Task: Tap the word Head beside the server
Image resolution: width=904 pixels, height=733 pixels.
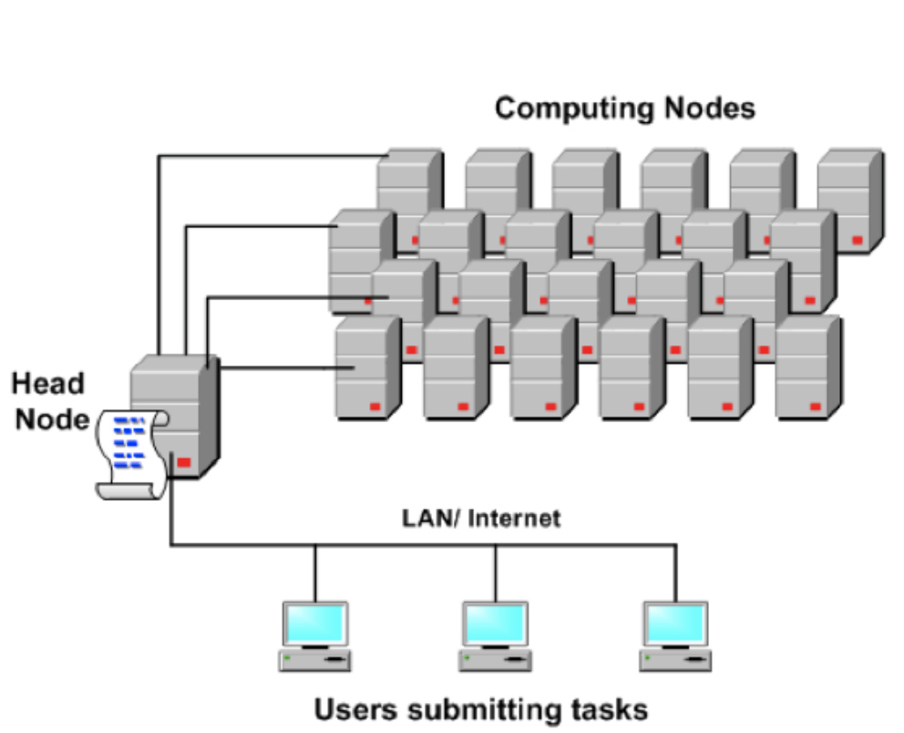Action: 47,383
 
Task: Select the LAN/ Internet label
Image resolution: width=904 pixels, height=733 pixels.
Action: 481,519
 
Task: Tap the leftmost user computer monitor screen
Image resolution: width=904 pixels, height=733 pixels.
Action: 314,623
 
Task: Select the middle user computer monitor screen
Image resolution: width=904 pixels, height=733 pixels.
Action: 494,623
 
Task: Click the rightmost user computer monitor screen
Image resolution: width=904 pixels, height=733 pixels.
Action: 675,623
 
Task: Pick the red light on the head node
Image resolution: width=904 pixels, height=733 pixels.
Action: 184,462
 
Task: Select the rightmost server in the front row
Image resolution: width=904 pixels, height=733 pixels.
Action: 806,369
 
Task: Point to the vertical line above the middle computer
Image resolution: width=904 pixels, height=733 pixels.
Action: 495,573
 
